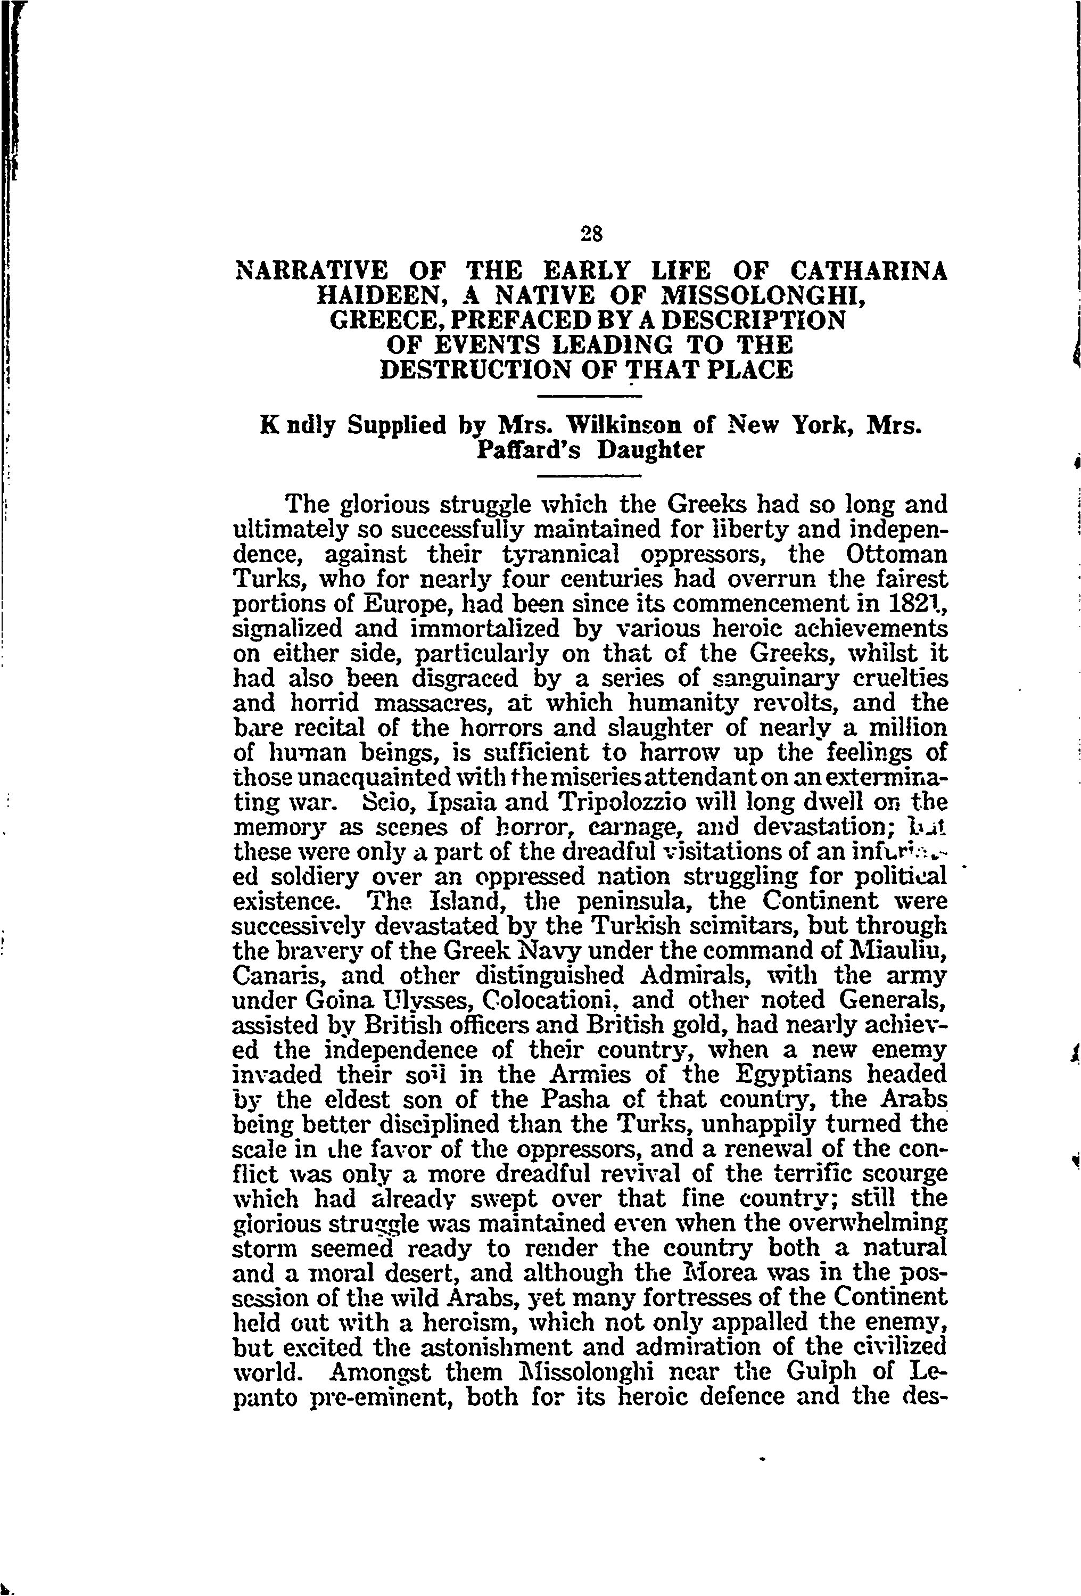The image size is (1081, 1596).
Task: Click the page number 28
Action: pyautogui.click(x=591, y=234)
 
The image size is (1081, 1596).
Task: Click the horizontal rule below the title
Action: pyautogui.click(x=588, y=396)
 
